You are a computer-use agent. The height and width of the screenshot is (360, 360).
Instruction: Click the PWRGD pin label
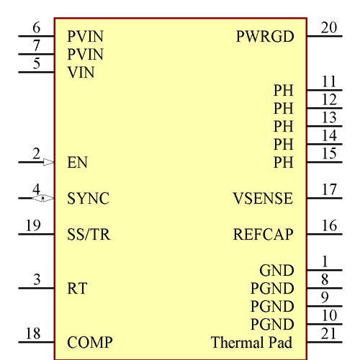pyautogui.click(x=264, y=37)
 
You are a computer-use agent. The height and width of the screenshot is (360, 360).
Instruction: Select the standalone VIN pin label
pyautogui.click(x=81, y=73)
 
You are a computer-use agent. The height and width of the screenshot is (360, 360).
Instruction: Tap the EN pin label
pyautogui.click(x=77, y=163)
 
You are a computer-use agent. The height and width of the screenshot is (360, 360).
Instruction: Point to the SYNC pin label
pyautogui.click(x=88, y=199)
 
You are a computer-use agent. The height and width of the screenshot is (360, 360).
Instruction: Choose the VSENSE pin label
pyautogui.click(x=263, y=199)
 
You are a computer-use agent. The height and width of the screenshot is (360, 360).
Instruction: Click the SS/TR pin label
pyautogui.click(x=89, y=235)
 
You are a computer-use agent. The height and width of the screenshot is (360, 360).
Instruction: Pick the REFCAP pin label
pyautogui.click(x=264, y=235)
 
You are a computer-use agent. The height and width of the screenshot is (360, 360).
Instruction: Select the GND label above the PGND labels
pyautogui.click(x=276, y=271)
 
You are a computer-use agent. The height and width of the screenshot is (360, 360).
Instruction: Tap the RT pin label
pyautogui.click(x=77, y=289)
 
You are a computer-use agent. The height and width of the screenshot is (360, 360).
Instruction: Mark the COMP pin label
pyautogui.click(x=90, y=343)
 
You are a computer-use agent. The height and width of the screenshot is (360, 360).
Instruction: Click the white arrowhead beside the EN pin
pyautogui.click(x=49, y=163)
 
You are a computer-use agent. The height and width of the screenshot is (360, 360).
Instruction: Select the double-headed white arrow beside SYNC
pyautogui.click(x=42, y=199)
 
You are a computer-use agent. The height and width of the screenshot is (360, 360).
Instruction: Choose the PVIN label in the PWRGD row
pyautogui.click(x=85, y=37)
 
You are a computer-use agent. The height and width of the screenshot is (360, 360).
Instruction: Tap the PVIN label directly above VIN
pyautogui.click(x=85, y=55)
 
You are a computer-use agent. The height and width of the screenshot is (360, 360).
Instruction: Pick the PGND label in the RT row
pyautogui.click(x=272, y=289)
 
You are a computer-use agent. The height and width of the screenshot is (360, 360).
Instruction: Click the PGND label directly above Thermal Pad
pyautogui.click(x=272, y=325)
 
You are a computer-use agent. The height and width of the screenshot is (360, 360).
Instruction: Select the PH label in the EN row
pyautogui.click(x=284, y=163)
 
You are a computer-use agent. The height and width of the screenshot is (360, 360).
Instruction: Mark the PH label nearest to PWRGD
pyautogui.click(x=284, y=91)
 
